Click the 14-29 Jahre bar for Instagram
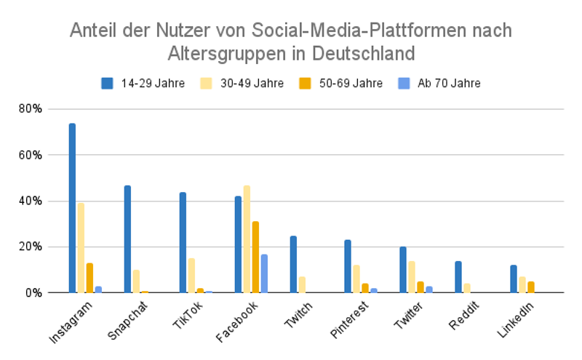[73, 208]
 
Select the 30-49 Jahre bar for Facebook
[247, 239]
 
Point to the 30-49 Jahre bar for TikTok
[191, 276]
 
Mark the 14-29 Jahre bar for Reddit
[458, 277]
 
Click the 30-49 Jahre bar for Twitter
[412, 277]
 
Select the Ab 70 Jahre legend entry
[440, 83]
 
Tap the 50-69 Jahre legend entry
[342, 83]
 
